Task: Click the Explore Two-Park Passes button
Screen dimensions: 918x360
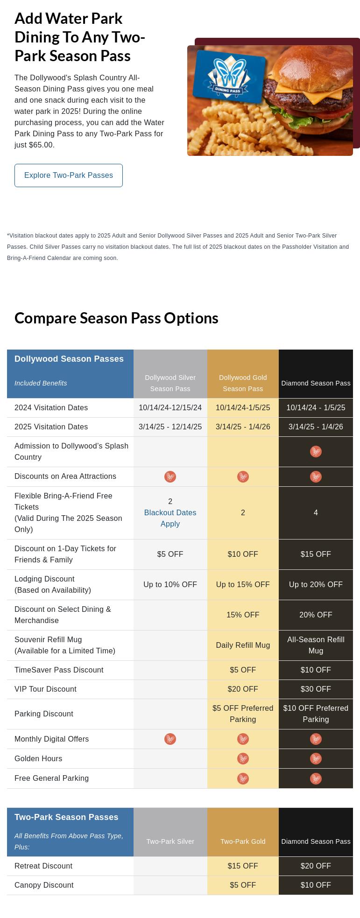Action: click(69, 175)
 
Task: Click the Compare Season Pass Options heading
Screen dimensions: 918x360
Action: click(116, 318)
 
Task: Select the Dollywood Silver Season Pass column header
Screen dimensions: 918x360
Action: click(170, 383)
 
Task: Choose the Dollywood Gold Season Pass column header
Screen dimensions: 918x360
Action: click(243, 383)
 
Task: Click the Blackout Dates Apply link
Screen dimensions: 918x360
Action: click(170, 518)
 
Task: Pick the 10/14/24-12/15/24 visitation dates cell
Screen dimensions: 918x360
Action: click(170, 408)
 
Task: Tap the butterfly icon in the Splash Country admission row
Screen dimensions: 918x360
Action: click(316, 452)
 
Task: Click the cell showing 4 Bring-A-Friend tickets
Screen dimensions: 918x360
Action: click(316, 513)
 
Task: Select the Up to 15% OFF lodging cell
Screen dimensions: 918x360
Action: click(243, 585)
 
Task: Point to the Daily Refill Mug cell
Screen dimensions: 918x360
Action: click(243, 645)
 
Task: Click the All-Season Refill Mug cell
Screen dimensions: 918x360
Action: click(316, 645)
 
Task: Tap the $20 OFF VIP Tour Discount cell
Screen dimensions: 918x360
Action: click(243, 689)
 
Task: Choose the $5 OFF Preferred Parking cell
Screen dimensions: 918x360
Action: click(243, 714)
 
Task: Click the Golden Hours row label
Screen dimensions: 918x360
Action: click(38, 759)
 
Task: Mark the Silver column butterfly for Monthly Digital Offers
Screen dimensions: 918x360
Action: click(170, 739)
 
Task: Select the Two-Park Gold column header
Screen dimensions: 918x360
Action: click(243, 841)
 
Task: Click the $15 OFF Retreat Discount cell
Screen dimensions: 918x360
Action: click(243, 866)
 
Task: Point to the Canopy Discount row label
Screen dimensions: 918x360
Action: click(44, 885)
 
